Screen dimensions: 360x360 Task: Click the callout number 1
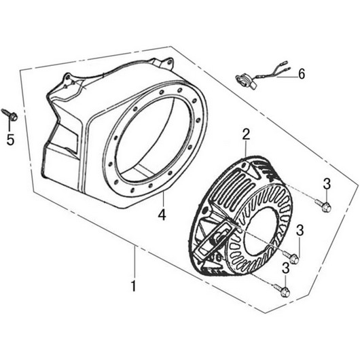pos(133,285)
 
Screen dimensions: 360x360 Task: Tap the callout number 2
pos(246,135)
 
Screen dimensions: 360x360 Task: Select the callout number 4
pos(162,215)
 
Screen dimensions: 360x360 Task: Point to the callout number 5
pos(10,139)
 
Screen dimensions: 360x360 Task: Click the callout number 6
pos(302,74)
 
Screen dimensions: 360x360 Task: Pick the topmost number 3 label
pos(327,183)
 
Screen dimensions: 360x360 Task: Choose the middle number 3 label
pos(300,230)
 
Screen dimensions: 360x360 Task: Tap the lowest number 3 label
pos(285,268)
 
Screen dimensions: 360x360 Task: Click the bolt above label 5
pos(10,115)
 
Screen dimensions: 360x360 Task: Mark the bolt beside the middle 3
pos(291,257)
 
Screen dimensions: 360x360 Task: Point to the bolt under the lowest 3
pos(281,290)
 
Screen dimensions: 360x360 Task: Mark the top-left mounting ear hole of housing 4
pos(68,78)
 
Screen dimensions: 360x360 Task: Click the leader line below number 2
pos(246,149)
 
